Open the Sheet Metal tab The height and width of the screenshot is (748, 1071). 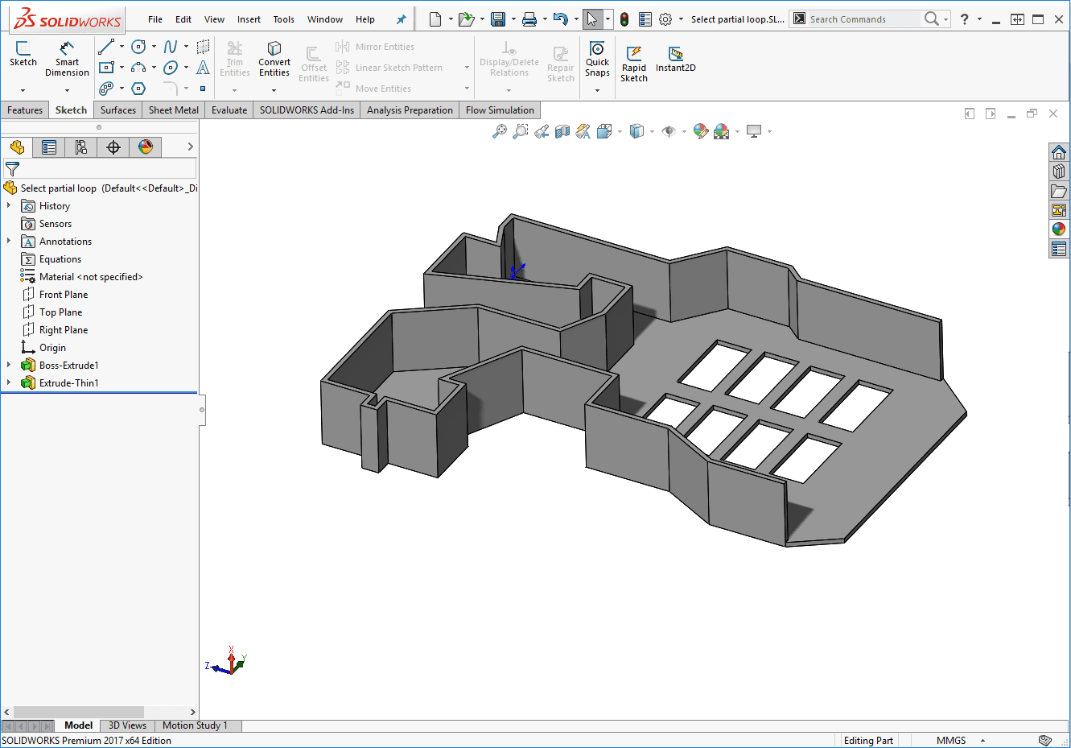tap(173, 110)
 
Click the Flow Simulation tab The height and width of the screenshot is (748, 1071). tap(500, 110)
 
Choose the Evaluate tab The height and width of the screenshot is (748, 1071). tap(229, 110)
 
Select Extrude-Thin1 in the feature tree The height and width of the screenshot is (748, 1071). tap(68, 383)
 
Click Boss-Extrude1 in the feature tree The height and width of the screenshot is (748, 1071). tap(68, 366)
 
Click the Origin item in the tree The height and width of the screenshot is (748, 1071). tap(52, 348)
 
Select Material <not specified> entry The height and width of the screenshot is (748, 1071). tap(90, 277)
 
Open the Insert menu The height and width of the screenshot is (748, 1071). tap(249, 19)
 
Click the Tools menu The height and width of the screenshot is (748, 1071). tap(283, 19)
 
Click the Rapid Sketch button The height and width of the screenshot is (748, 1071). tap(634, 63)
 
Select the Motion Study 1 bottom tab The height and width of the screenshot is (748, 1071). tap(195, 725)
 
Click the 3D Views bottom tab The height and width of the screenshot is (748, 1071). tap(127, 725)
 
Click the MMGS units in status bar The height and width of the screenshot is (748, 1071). tap(950, 741)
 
